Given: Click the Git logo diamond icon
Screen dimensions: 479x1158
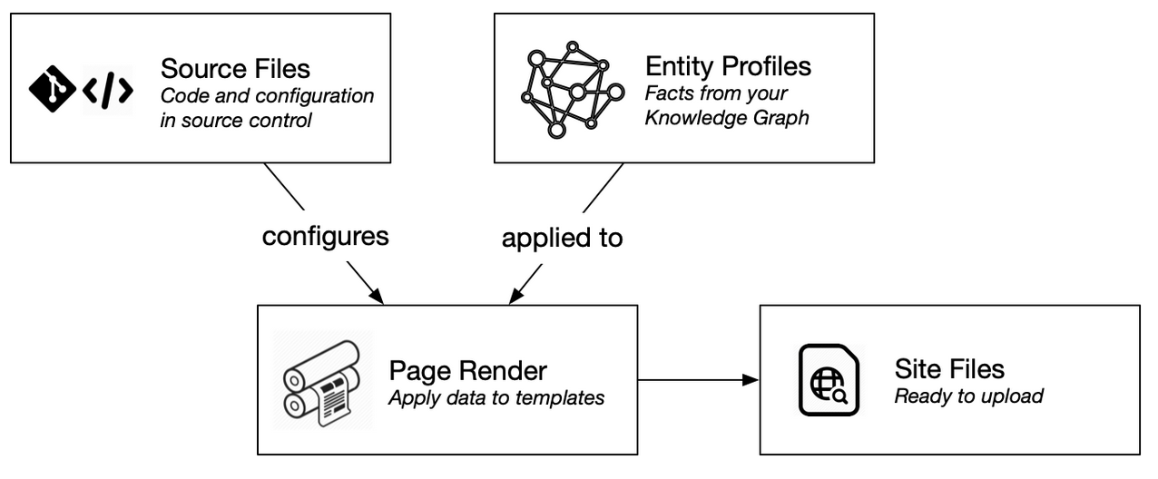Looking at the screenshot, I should pos(52,88).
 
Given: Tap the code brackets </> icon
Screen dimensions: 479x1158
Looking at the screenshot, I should pos(108,89).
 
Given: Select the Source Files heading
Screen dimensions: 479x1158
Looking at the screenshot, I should pos(235,68).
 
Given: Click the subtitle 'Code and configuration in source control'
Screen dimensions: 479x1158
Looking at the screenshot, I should pos(267,107).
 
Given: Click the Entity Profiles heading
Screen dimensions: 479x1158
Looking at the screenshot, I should pos(728,66).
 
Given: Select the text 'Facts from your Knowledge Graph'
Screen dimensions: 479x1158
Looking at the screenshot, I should pos(726,105).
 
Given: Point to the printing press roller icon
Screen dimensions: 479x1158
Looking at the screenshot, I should pos(323,380).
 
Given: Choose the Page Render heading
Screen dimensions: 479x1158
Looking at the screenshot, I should pos(467,370).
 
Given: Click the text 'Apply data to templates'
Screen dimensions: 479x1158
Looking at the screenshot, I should pos(496,397).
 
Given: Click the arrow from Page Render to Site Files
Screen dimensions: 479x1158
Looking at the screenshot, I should pos(699,379).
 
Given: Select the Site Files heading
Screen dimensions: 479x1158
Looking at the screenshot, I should pos(949,368).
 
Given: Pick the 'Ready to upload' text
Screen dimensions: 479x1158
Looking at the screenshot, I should pos(968,396).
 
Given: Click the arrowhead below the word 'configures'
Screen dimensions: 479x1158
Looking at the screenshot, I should pos(378,297).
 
